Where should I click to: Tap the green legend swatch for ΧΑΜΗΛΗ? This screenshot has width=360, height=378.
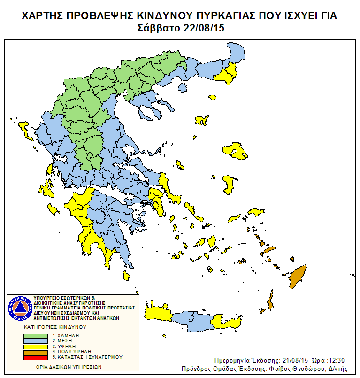(x=36, y=336)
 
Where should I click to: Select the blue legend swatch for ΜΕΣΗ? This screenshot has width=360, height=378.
(x=36, y=341)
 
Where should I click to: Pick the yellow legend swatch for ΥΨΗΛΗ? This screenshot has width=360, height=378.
(x=36, y=346)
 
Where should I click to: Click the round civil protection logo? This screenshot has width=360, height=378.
(x=20, y=309)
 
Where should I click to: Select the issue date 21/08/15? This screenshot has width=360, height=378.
(x=292, y=360)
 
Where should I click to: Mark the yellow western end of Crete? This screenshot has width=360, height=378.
(x=157, y=313)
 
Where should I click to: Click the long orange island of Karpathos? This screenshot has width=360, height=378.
(x=270, y=301)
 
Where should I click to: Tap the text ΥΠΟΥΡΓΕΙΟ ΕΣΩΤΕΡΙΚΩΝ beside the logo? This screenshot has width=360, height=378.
(x=64, y=298)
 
